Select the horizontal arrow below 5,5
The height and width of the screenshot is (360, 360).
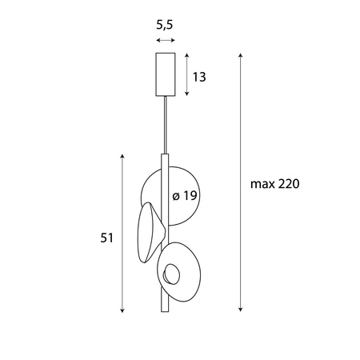click(166, 40)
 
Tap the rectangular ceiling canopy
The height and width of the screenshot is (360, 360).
click(166, 72)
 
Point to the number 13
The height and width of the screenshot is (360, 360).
click(200, 77)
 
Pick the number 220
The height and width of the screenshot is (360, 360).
click(288, 183)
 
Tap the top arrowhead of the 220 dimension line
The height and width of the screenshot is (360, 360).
click(241, 56)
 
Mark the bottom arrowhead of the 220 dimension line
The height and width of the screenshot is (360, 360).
click(241, 310)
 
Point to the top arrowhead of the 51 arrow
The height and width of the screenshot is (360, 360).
click(122, 157)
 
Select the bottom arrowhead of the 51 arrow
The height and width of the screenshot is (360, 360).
click(122, 310)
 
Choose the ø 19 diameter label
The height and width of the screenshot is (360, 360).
click(185, 196)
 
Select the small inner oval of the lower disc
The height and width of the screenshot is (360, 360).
click(171, 276)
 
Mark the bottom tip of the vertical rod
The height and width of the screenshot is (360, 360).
click(165, 312)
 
